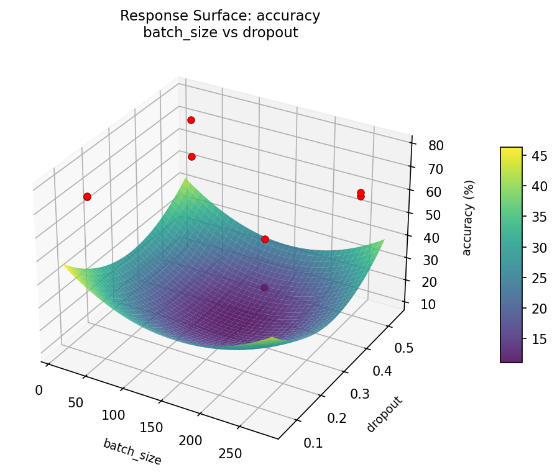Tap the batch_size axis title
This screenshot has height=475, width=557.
132,451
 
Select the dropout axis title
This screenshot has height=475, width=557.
385,414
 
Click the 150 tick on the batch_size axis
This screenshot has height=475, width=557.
151,427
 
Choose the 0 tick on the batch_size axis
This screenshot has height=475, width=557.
39,390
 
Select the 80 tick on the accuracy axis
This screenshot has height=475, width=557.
436,146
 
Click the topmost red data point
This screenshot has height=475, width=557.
191,120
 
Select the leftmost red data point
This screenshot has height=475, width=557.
87,197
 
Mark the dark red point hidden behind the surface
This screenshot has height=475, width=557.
265,287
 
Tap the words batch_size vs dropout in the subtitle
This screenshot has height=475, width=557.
220,33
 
